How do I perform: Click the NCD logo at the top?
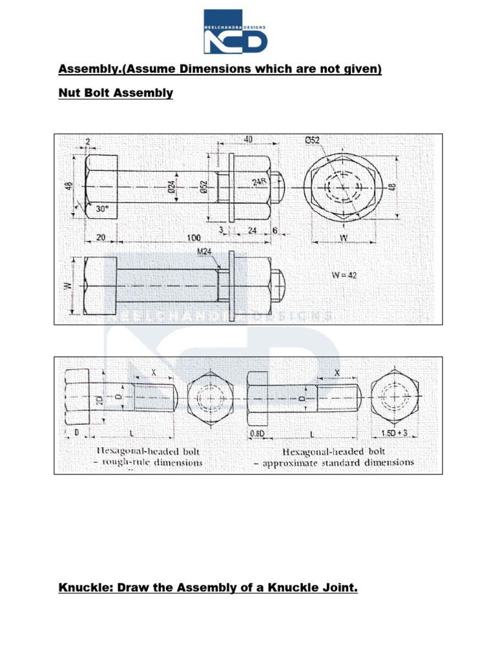tap(235, 31)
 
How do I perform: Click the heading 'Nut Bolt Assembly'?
tap(116, 93)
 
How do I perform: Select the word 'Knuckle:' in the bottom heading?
tap(83, 588)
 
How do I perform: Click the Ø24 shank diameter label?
tap(172, 187)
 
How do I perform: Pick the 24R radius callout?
tap(259, 183)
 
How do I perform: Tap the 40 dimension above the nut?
tap(248, 139)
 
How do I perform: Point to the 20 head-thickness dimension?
tap(100, 237)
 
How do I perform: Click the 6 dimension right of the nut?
tap(275, 230)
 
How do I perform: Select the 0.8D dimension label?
tap(258, 433)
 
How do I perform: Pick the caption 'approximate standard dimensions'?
tap(338, 462)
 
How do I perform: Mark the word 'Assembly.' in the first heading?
tap(86, 68)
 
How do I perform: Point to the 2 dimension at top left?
tap(87, 141)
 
